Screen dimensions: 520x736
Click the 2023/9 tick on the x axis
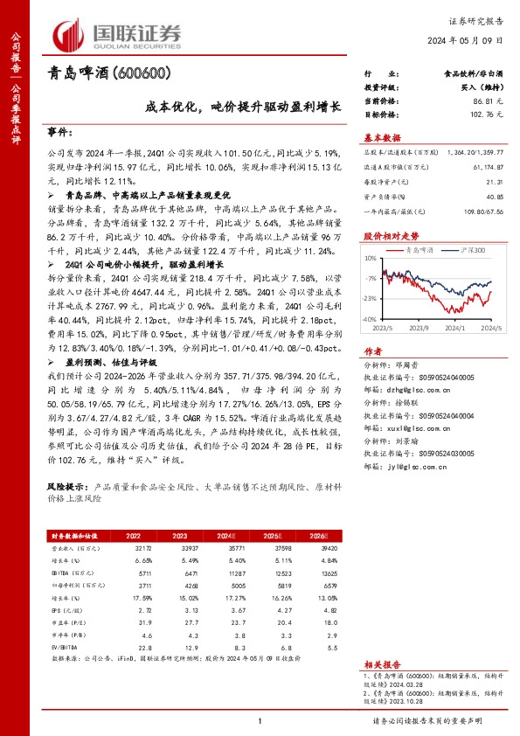[419, 328]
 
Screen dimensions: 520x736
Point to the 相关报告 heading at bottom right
[382, 664]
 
